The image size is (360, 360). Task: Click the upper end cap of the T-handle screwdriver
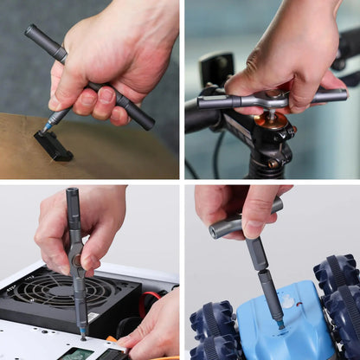coord(33,34)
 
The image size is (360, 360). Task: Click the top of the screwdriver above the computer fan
coord(72,193)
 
